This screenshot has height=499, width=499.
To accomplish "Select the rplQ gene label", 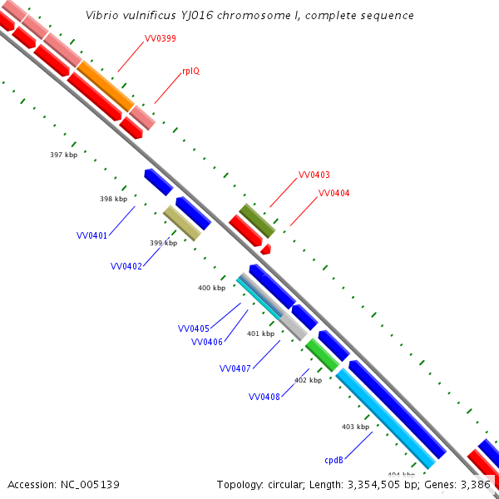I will [x=190, y=72].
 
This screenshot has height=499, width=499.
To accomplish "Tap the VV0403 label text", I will [x=314, y=175].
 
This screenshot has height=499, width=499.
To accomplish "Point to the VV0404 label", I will [x=333, y=193].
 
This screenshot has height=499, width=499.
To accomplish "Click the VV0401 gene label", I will [x=91, y=236].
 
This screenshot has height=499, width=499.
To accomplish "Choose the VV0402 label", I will [x=126, y=266].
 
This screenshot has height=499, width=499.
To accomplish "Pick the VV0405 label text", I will [x=194, y=329].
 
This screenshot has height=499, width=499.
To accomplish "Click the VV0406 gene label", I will [x=206, y=342].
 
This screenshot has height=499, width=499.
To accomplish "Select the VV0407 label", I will [x=235, y=368].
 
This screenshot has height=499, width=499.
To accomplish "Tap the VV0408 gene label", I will [x=264, y=397].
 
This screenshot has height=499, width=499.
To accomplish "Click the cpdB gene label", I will [x=334, y=459].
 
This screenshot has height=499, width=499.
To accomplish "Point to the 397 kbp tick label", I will [x=63, y=156].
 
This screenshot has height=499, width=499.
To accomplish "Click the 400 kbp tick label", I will [x=211, y=288].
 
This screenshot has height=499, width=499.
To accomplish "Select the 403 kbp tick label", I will [x=355, y=427].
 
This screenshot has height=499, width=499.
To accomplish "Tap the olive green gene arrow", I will [x=257, y=220].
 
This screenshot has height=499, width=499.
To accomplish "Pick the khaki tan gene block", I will [x=182, y=223].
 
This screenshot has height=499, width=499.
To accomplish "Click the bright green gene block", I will [x=322, y=354].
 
